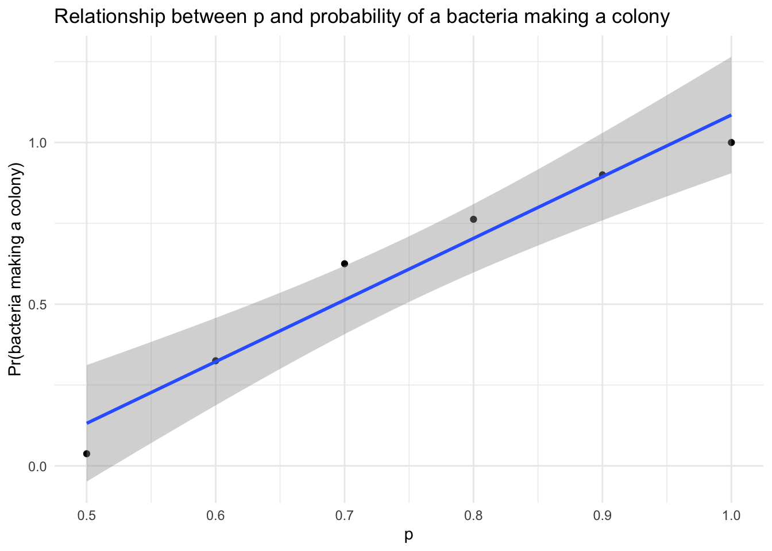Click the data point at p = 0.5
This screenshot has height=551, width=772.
point(87,453)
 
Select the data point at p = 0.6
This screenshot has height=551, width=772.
point(215,361)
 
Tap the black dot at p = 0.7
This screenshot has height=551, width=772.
point(345,263)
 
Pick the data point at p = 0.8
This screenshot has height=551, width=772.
point(473,219)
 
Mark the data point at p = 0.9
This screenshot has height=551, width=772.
point(602,174)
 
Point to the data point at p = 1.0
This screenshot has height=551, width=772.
point(731,142)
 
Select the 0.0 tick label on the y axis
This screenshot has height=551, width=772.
point(38,466)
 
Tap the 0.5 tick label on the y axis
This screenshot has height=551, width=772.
point(38,304)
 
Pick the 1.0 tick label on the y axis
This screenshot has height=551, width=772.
point(38,142)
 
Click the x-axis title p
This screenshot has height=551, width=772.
point(409,536)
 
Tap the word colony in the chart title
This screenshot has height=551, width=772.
point(642,17)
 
